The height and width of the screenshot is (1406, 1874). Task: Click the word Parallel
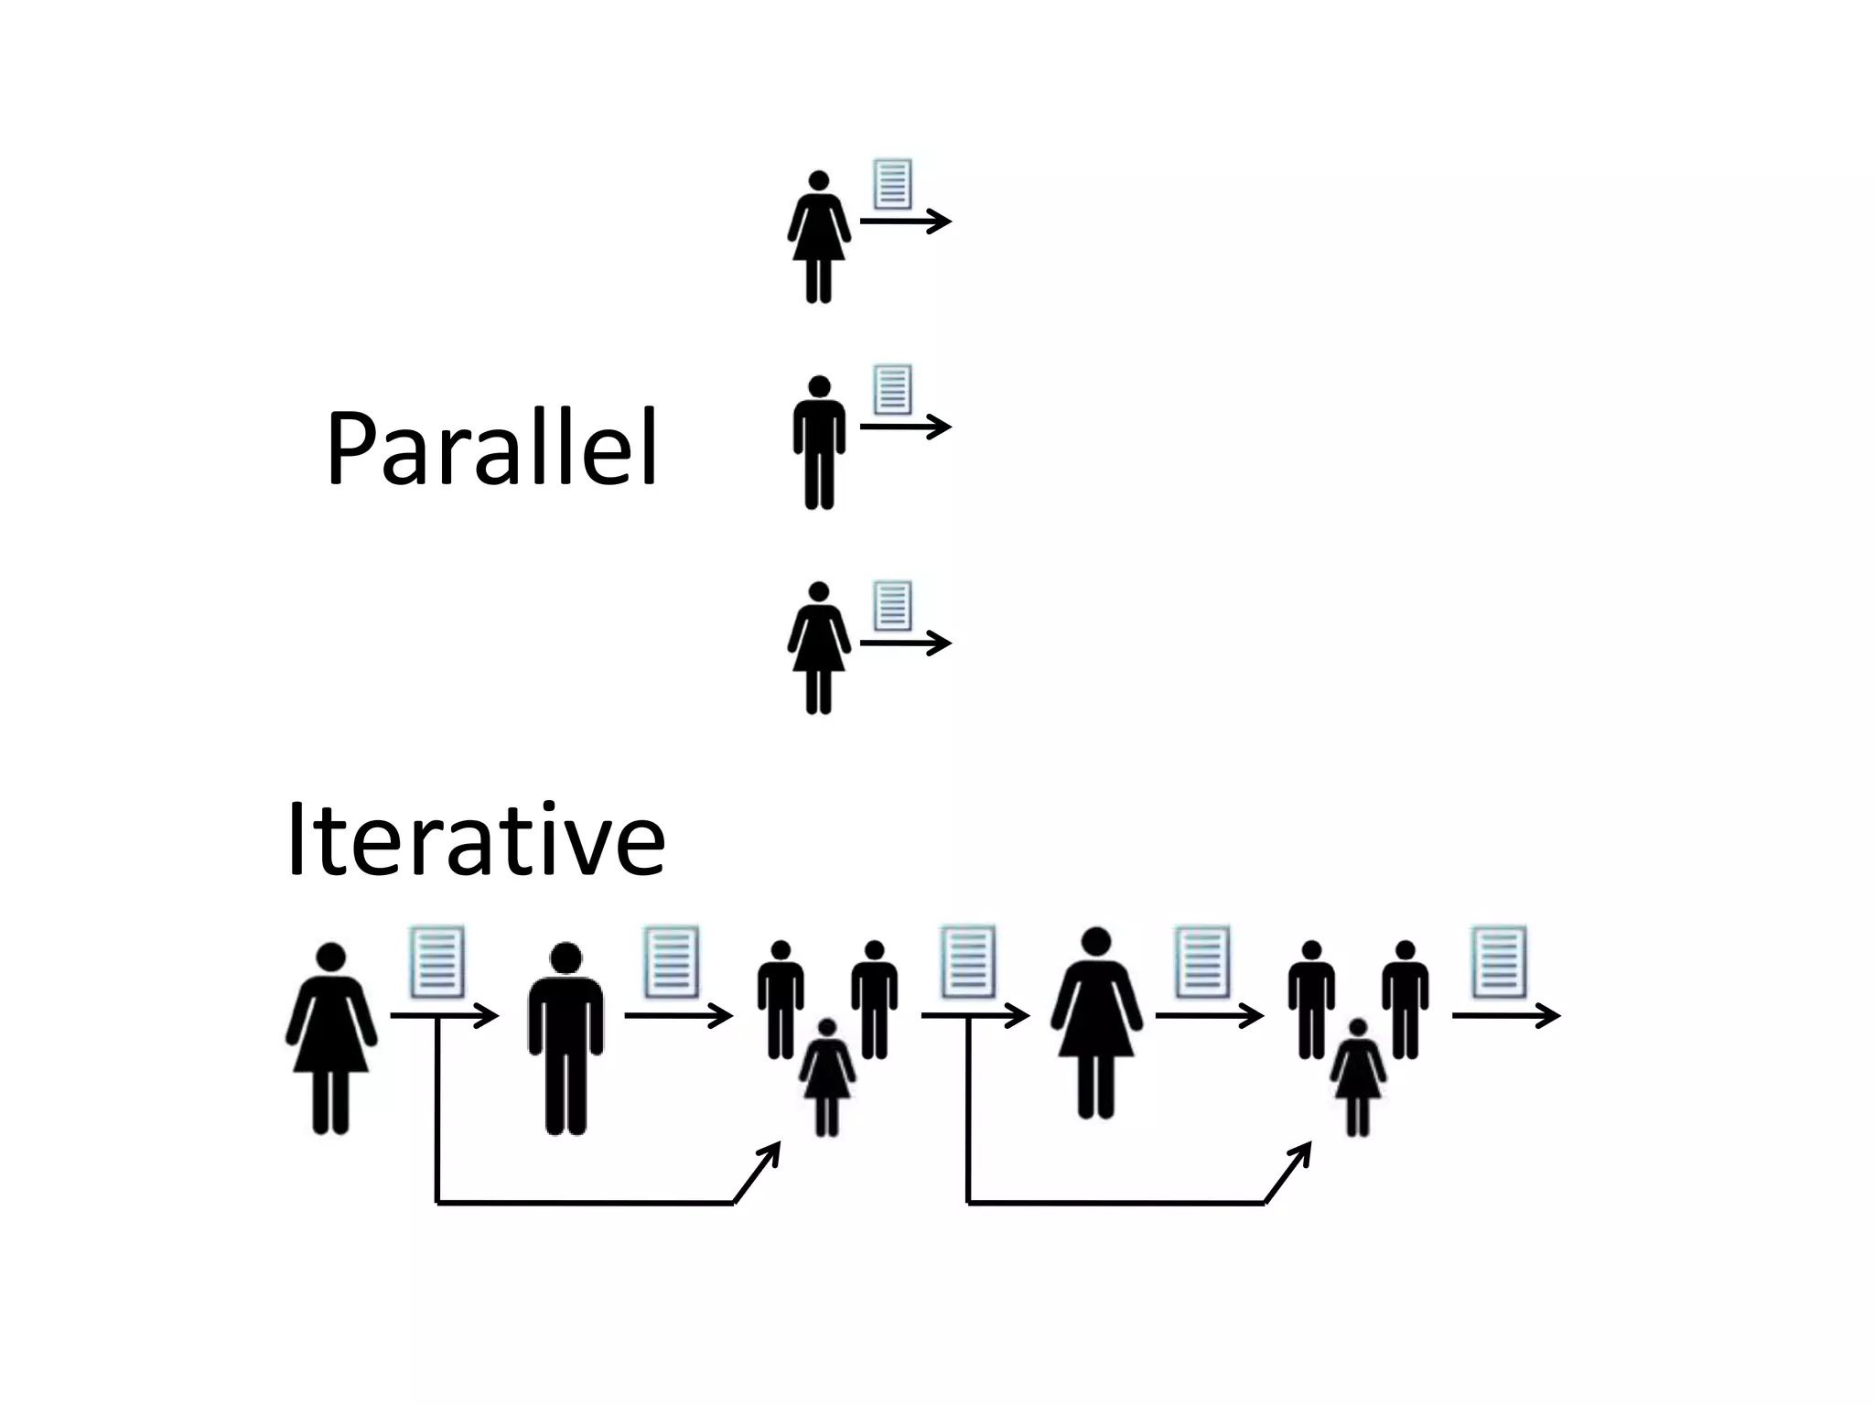point(492,449)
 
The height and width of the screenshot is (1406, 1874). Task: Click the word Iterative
point(476,840)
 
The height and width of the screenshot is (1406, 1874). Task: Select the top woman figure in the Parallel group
point(819,236)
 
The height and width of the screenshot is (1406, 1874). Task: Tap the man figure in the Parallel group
point(819,442)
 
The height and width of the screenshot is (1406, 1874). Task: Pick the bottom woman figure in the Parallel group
point(819,647)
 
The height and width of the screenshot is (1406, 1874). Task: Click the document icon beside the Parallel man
point(892,389)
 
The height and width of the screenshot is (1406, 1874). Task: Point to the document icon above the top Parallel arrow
point(892,184)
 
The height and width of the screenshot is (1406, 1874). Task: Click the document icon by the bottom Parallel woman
point(892,605)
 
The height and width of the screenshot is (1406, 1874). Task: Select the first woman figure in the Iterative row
point(331,1038)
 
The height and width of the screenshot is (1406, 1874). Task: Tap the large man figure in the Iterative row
point(565,1038)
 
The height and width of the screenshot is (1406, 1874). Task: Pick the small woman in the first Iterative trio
point(827,1076)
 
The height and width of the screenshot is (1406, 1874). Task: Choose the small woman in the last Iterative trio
point(1358,1076)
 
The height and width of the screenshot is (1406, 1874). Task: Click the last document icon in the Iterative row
point(1499,962)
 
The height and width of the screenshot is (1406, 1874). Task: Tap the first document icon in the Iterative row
point(437,962)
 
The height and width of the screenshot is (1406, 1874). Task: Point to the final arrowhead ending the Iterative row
point(1550,1015)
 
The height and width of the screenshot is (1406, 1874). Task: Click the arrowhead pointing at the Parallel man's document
point(942,427)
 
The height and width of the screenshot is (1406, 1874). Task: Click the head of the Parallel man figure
point(819,387)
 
